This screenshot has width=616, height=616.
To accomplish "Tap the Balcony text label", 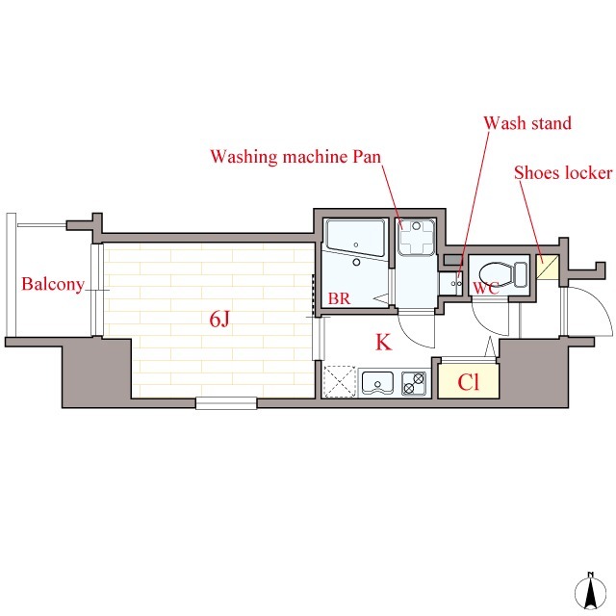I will click(x=53, y=285).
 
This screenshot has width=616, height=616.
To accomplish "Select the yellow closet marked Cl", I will click(x=468, y=381).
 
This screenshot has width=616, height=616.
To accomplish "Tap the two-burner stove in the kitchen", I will click(x=414, y=384).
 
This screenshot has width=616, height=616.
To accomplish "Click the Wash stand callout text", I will click(x=527, y=123).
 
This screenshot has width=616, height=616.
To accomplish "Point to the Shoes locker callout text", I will click(x=563, y=173).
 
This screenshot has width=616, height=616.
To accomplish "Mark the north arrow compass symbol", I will click(x=588, y=589).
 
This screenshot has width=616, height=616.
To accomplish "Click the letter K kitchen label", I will click(x=382, y=342).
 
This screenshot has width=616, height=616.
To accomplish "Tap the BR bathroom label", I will click(x=339, y=298).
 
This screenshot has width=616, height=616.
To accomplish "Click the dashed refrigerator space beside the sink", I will click(x=341, y=382).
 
